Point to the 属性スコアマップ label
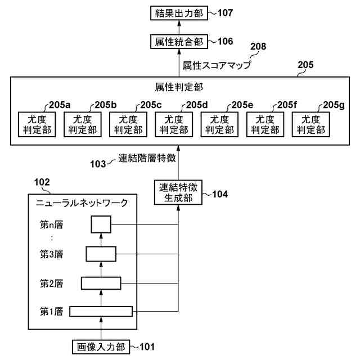217,65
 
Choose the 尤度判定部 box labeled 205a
36,124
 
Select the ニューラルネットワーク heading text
82,202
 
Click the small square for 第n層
101,224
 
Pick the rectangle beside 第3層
101,254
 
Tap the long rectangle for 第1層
101,311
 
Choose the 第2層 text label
51,283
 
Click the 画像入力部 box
101,346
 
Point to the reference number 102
42,182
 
